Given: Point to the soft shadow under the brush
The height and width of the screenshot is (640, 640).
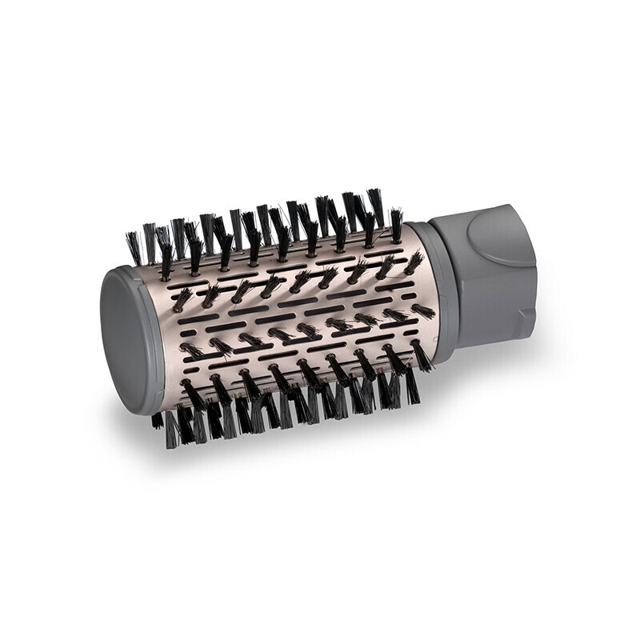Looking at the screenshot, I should tap(480, 376).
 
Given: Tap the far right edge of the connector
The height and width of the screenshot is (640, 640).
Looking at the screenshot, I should tap(534, 264).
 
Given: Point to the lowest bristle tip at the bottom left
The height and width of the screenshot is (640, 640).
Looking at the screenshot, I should tap(170, 444).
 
